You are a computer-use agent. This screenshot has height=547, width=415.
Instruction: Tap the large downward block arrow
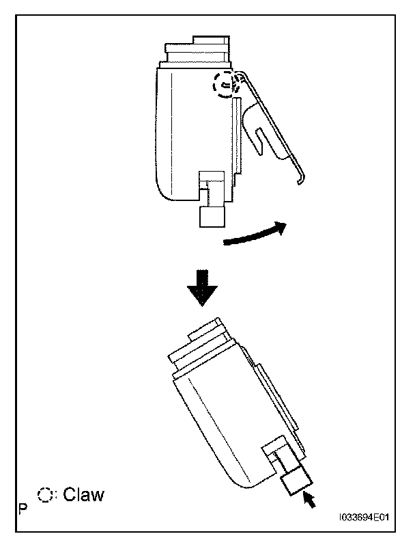pyautogui.click(x=203, y=287)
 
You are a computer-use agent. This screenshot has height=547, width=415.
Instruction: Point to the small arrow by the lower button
pyautogui.click(x=311, y=502)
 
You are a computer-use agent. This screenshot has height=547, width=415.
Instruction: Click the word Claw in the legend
pyautogui.click(x=84, y=494)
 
